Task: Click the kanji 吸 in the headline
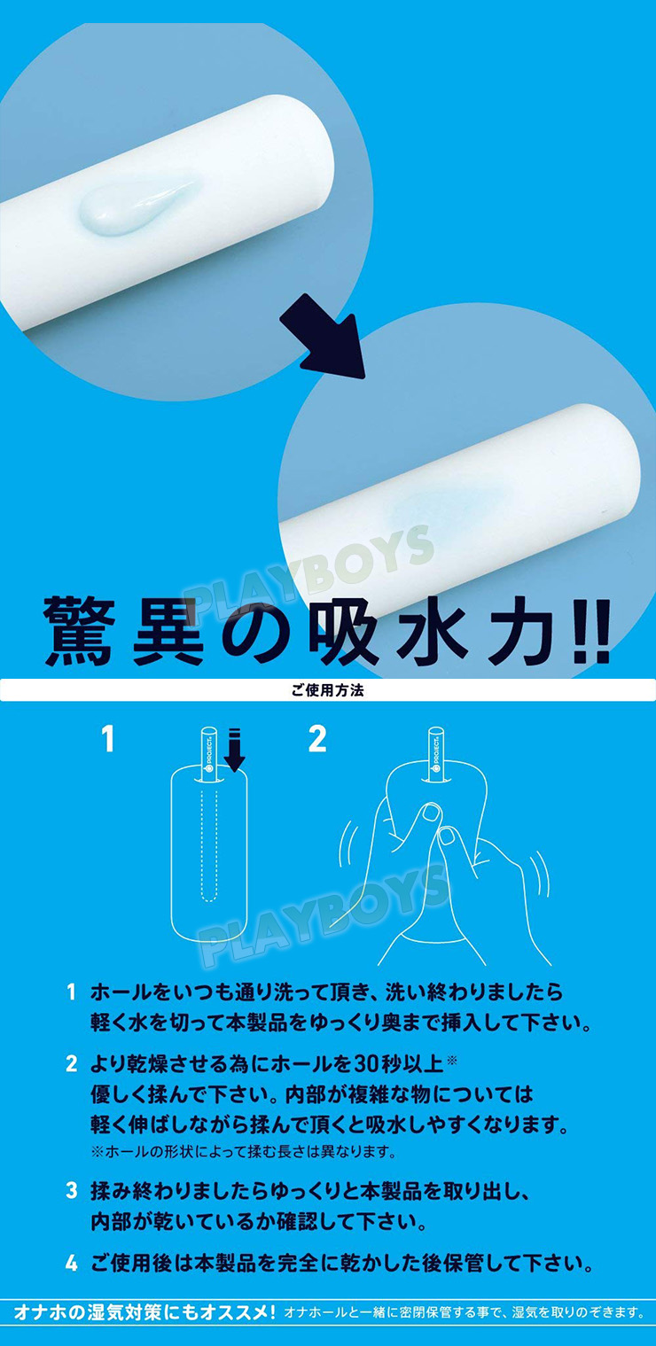346,630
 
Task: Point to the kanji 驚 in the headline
77,630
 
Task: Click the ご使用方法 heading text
328,690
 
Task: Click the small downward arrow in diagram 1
235,749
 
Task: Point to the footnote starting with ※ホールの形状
243,1152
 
